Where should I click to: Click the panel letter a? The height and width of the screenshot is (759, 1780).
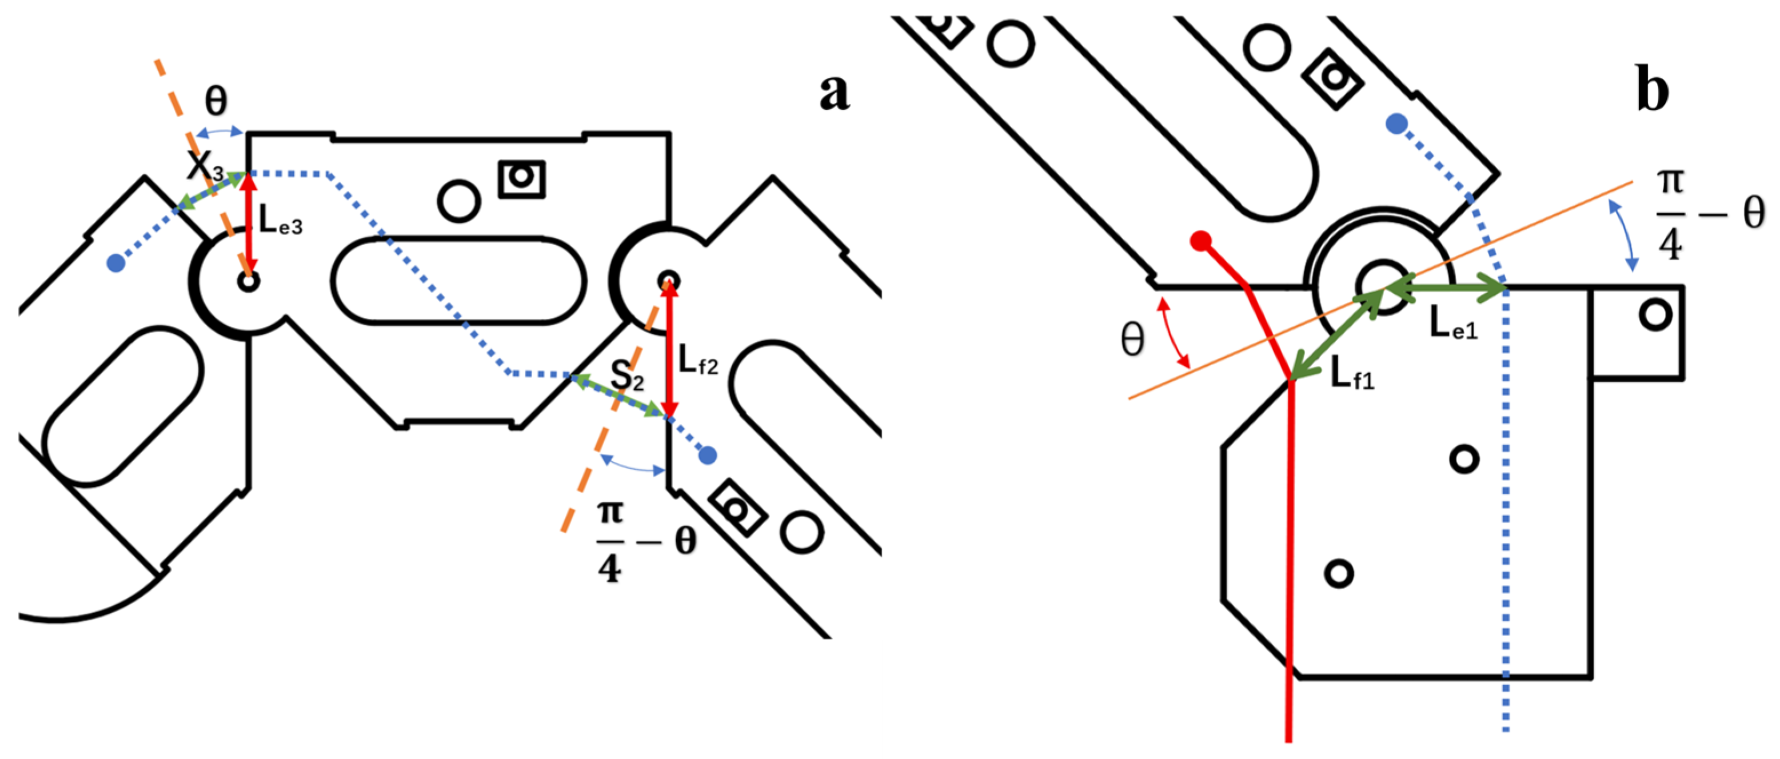coord(834,93)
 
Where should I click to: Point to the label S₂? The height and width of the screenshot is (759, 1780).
coord(626,377)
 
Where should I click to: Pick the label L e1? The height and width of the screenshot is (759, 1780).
coord(1453,322)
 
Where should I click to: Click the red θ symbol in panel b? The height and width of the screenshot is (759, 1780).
coord(1132,341)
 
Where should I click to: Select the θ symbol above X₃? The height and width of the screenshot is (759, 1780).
coord(216,102)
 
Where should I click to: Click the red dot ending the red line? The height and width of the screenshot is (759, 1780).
coord(1201,241)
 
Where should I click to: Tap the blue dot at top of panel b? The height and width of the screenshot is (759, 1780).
coord(1396,125)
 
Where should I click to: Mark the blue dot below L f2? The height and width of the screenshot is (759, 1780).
coord(708,455)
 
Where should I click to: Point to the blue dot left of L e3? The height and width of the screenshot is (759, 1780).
coord(116,262)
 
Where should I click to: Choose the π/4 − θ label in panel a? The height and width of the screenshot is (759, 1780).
coord(645,542)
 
